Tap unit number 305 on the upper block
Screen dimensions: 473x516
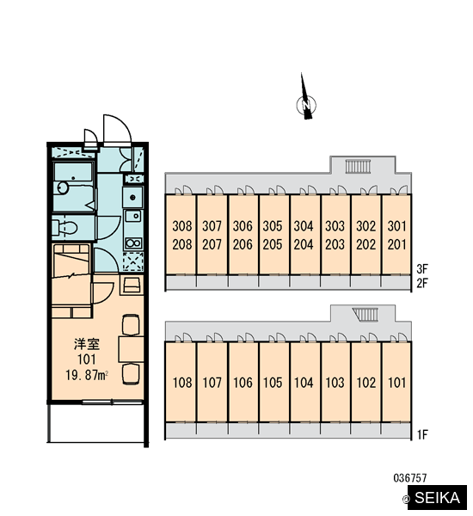coord(273,226)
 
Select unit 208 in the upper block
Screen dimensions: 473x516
coord(182,244)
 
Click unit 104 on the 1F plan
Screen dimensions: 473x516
coord(304,383)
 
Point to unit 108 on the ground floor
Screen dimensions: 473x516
coord(182,383)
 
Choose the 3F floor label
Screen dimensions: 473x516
coord(422,269)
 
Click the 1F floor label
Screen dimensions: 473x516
coord(422,435)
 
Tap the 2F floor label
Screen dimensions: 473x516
coord(422,283)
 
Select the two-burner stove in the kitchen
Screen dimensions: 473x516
coord(133,243)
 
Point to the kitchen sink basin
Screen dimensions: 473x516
coord(134,216)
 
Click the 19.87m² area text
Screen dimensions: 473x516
coord(87,375)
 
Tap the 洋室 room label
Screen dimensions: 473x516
coord(87,344)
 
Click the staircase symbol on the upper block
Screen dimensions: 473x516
coord(358,166)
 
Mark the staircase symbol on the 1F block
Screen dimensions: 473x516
coord(365,314)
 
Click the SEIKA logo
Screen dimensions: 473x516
coord(437,497)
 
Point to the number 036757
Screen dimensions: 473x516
coord(410,477)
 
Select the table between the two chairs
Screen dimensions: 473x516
coord(131,349)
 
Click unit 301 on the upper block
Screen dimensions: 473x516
coord(397,226)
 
